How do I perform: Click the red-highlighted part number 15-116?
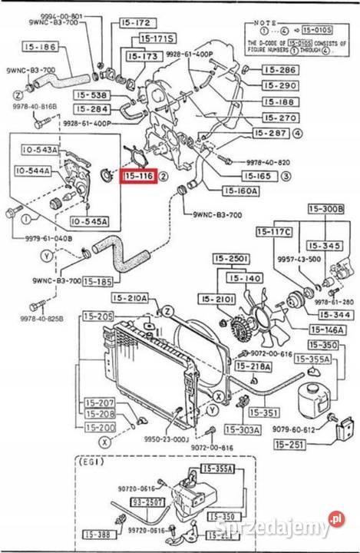pos(139,177)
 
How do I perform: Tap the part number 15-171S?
pos(157,38)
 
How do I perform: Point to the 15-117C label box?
pos(275,231)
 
